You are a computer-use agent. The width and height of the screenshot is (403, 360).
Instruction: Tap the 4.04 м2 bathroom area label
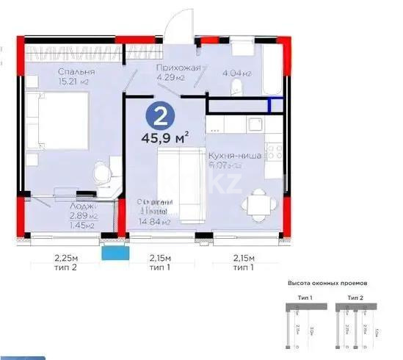pos(237,73)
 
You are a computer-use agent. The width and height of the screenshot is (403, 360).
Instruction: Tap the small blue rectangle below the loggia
pos(113,253)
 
